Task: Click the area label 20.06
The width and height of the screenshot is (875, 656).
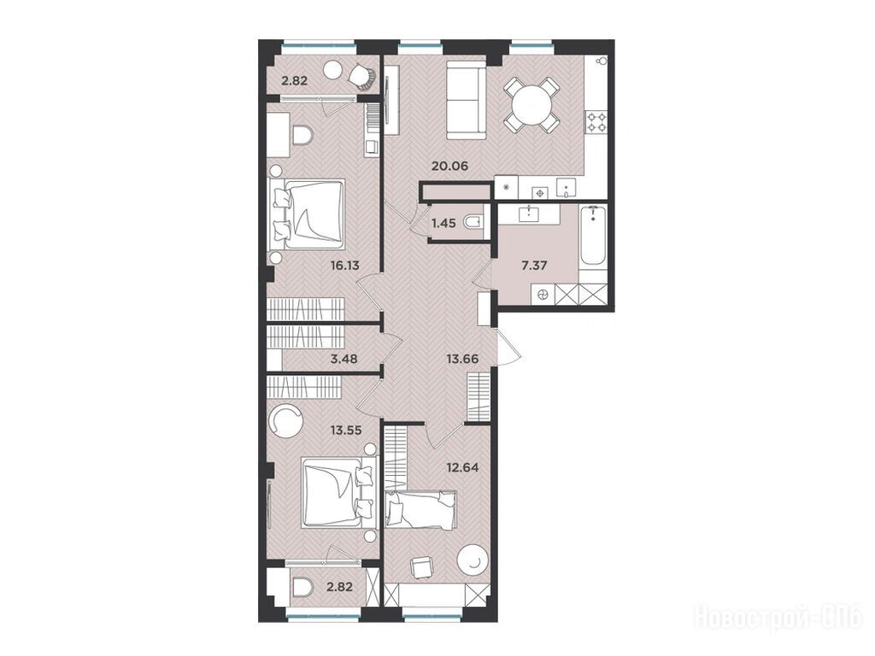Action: coord(449,166)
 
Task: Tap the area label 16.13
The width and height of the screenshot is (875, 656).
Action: coord(344,266)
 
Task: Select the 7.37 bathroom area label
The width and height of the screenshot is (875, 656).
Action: coord(534,265)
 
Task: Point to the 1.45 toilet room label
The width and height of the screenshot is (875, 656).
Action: coord(443,223)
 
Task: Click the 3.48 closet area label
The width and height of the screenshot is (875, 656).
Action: coord(344,359)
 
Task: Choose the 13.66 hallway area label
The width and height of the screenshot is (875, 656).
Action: coord(462,359)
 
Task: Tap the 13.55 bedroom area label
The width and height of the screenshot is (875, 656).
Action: coord(346,430)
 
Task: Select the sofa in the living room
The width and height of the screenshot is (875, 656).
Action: coord(467,101)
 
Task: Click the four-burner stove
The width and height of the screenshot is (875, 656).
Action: coord(596,121)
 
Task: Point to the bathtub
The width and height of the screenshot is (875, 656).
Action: coord(593,238)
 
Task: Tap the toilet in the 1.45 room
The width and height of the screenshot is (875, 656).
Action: coord(473,223)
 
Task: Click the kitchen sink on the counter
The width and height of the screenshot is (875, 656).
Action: coord(566,188)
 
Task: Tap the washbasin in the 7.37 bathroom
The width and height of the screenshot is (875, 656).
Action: coord(528,213)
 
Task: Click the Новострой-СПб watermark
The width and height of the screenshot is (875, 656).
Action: coord(778,618)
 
